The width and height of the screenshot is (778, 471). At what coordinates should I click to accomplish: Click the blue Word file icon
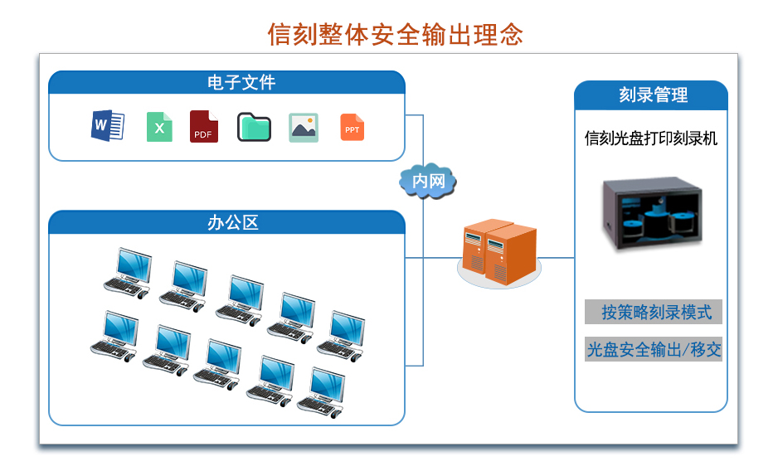pos(108,126)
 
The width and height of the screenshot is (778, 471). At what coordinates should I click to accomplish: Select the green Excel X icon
pos(159,127)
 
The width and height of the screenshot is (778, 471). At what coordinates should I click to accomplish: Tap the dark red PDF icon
pos(203,127)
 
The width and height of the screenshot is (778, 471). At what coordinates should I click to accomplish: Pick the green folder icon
pos(254,127)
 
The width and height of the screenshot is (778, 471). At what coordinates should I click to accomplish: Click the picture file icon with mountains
pos(304,127)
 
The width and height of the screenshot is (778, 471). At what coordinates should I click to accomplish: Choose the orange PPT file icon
pos(353,127)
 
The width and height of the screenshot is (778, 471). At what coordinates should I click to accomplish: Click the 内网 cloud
pos(428,180)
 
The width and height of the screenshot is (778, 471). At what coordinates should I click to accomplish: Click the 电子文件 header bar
pos(226,83)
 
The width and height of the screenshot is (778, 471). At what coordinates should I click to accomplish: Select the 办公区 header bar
pos(226,222)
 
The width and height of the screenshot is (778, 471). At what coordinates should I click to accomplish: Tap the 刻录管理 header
pos(651,95)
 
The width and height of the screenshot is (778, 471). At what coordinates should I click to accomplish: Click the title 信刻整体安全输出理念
pos(395,34)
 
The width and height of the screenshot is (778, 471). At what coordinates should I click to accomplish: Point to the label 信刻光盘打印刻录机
pos(651,138)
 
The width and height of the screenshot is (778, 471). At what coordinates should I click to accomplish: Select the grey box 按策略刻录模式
pos(653,312)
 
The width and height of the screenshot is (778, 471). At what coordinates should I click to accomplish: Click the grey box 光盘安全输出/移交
pos(653,349)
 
